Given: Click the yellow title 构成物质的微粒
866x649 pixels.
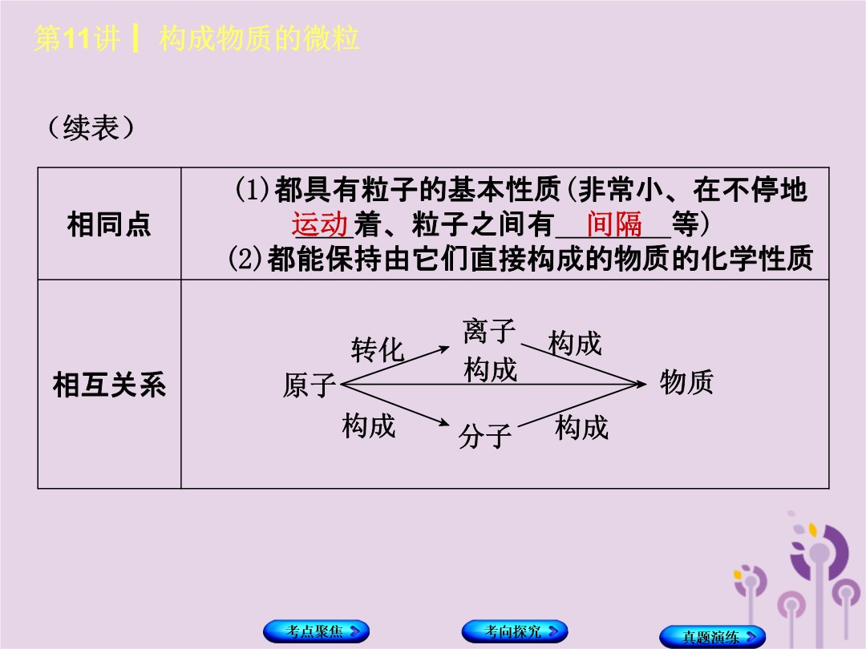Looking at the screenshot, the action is [x=259, y=38].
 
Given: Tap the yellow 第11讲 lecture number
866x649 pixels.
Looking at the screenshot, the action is [x=77, y=38].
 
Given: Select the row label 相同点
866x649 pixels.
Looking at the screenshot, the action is [x=109, y=224].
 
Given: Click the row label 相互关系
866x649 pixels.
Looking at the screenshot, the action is [x=109, y=385].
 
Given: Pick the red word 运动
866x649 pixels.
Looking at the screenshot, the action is [x=320, y=224].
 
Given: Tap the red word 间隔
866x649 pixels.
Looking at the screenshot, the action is [x=614, y=224].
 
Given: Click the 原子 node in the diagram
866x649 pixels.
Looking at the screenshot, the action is [x=310, y=385].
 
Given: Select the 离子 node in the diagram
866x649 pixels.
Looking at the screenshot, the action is [x=489, y=331].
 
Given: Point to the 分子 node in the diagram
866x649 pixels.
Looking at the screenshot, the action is [x=485, y=436].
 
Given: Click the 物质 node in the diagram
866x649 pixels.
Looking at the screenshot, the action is [x=686, y=382].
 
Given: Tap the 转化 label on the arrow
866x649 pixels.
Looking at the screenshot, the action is [x=378, y=350].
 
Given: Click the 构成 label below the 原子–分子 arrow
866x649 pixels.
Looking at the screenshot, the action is [x=369, y=426].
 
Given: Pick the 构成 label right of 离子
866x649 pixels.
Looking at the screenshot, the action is [x=575, y=343].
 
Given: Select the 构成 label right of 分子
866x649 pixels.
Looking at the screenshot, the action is [x=581, y=428].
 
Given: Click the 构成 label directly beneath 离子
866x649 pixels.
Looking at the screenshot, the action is [x=491, y=369].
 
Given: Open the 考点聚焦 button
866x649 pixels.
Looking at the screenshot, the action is [x=317, y=631].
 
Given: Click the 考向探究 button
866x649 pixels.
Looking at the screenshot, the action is [x=515, y=631].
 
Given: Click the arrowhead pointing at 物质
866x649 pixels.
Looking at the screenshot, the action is [x=641, y=384].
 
